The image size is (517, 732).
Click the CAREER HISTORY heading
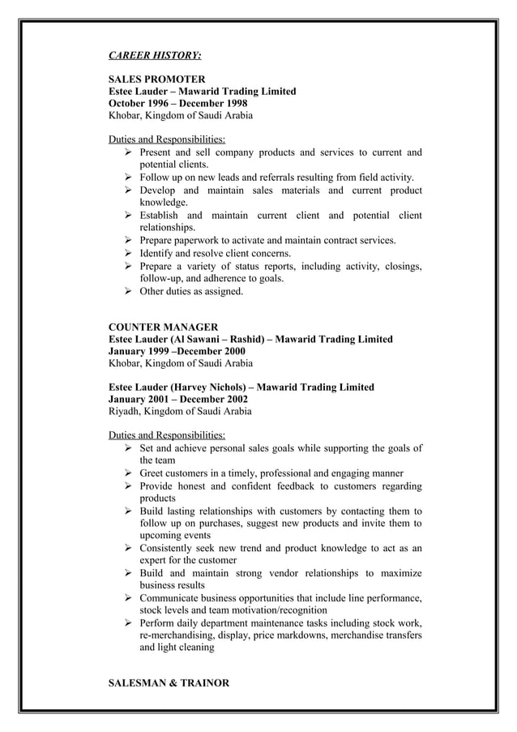[155, 56]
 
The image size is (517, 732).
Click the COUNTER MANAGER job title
[163, 327]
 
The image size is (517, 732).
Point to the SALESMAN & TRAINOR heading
[169, 683]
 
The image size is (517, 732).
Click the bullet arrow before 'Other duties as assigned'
[128, 291]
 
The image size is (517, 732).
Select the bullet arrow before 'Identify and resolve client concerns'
[128, 254]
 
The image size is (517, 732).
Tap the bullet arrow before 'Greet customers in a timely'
[128, 473]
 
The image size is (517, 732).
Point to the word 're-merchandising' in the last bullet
[178, 636]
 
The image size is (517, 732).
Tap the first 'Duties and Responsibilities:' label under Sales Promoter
[167, 139]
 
